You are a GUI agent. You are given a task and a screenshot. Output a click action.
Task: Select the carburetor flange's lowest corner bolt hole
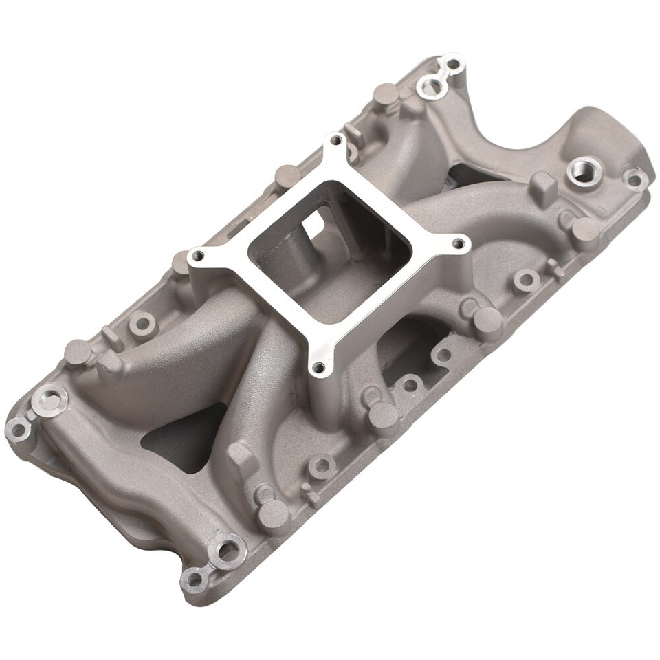pyautogui.click(x=317, y=368)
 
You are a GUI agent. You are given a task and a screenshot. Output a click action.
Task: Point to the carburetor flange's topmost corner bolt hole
pyautogui.click(x=335, y=140)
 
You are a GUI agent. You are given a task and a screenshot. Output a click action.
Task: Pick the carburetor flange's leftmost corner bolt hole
pyautogui.click(x=198, y=257)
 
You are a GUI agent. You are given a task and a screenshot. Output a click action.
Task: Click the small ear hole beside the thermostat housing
pyautogui.click(x=633, y=179)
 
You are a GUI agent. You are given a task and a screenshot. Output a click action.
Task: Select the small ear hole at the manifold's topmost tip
pyautogui.click(x=452, y=65)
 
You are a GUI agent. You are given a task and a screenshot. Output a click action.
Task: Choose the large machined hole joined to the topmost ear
pyautogui.click(x=430, y=87)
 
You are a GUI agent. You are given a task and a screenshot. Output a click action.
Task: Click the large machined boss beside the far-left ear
pyautogui.click(x=52, y=397)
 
